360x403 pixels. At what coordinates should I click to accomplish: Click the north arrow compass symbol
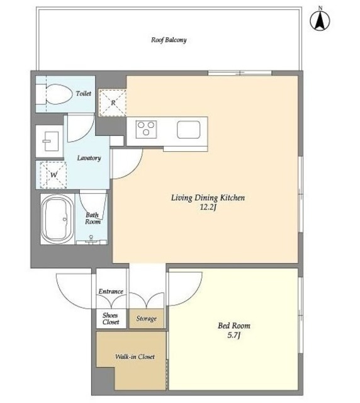pyautogui.click(x=320, y=21)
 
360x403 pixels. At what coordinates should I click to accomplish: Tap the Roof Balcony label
pyautogui.click(x=169, y=40)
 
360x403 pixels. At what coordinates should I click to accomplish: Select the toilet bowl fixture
pyautogui.click(x=59, y=94)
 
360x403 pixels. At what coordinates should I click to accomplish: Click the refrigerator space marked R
pyautogui.click(x=113, y=103)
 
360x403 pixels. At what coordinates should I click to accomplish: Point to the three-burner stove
pyautogui.click(x=146, y=129)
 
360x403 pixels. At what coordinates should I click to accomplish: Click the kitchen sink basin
pyautogui.click(x=188, y=130)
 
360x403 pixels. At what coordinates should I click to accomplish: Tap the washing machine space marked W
pyautogui.click(x=53, y=175)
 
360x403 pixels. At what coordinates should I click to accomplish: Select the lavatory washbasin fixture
pyautogui.click(x=50, y=141)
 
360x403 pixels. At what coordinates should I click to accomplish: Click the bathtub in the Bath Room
pyautogui.click(x=57, y=219)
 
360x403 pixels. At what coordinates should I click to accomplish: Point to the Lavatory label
pyautogui.click(x=89, y=158)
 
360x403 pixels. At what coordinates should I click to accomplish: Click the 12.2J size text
pyautogui.click(x=208, y=207)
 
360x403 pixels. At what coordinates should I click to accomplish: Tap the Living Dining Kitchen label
pyautogui.click(x=208, y=198)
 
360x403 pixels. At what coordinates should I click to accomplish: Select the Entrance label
pyautogui.click(x=111, y=291)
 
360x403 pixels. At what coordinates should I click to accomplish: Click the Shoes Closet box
pyautogui.click(x=111, y=319)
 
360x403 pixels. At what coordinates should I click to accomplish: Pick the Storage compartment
pyautogui.click(x=146, y=319)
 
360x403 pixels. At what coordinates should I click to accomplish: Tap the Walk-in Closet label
pyautogui.click(x=135, y=357)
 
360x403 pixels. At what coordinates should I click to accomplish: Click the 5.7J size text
pyautogui.click(x=233, y=336)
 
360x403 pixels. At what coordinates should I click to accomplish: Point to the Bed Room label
pyautogui.click(x=234, y=326)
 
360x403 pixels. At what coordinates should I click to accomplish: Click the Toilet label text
pyautogui.click(x=84, y=94)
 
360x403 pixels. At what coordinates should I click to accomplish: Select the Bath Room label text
pyautogui.click(x=93, y=219)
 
